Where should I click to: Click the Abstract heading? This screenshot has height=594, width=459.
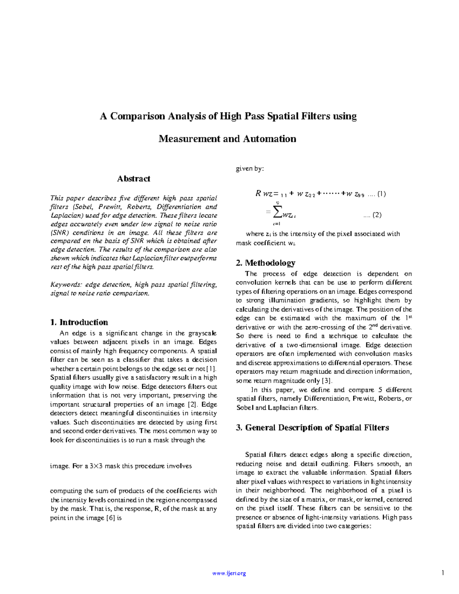[x=133, y=179]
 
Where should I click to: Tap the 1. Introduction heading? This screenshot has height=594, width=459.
[x=79, y=322]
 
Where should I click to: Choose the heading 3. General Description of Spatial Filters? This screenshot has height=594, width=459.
[x=313, y=428]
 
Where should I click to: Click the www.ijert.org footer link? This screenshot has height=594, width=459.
[x=229, y=573]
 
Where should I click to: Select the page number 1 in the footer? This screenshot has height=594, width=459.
[x=443, y=573]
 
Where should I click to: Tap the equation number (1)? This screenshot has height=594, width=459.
[x=381, y=194]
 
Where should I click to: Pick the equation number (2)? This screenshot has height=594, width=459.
[x=377, y=215]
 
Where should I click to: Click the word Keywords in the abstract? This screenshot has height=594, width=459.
[x=66, y=285]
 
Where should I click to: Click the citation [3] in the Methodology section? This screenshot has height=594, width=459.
[x=327, y=381]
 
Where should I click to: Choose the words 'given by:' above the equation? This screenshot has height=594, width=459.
[x=250, y=169]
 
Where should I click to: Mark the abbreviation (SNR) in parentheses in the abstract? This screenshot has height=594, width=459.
[x=60, y=233]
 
